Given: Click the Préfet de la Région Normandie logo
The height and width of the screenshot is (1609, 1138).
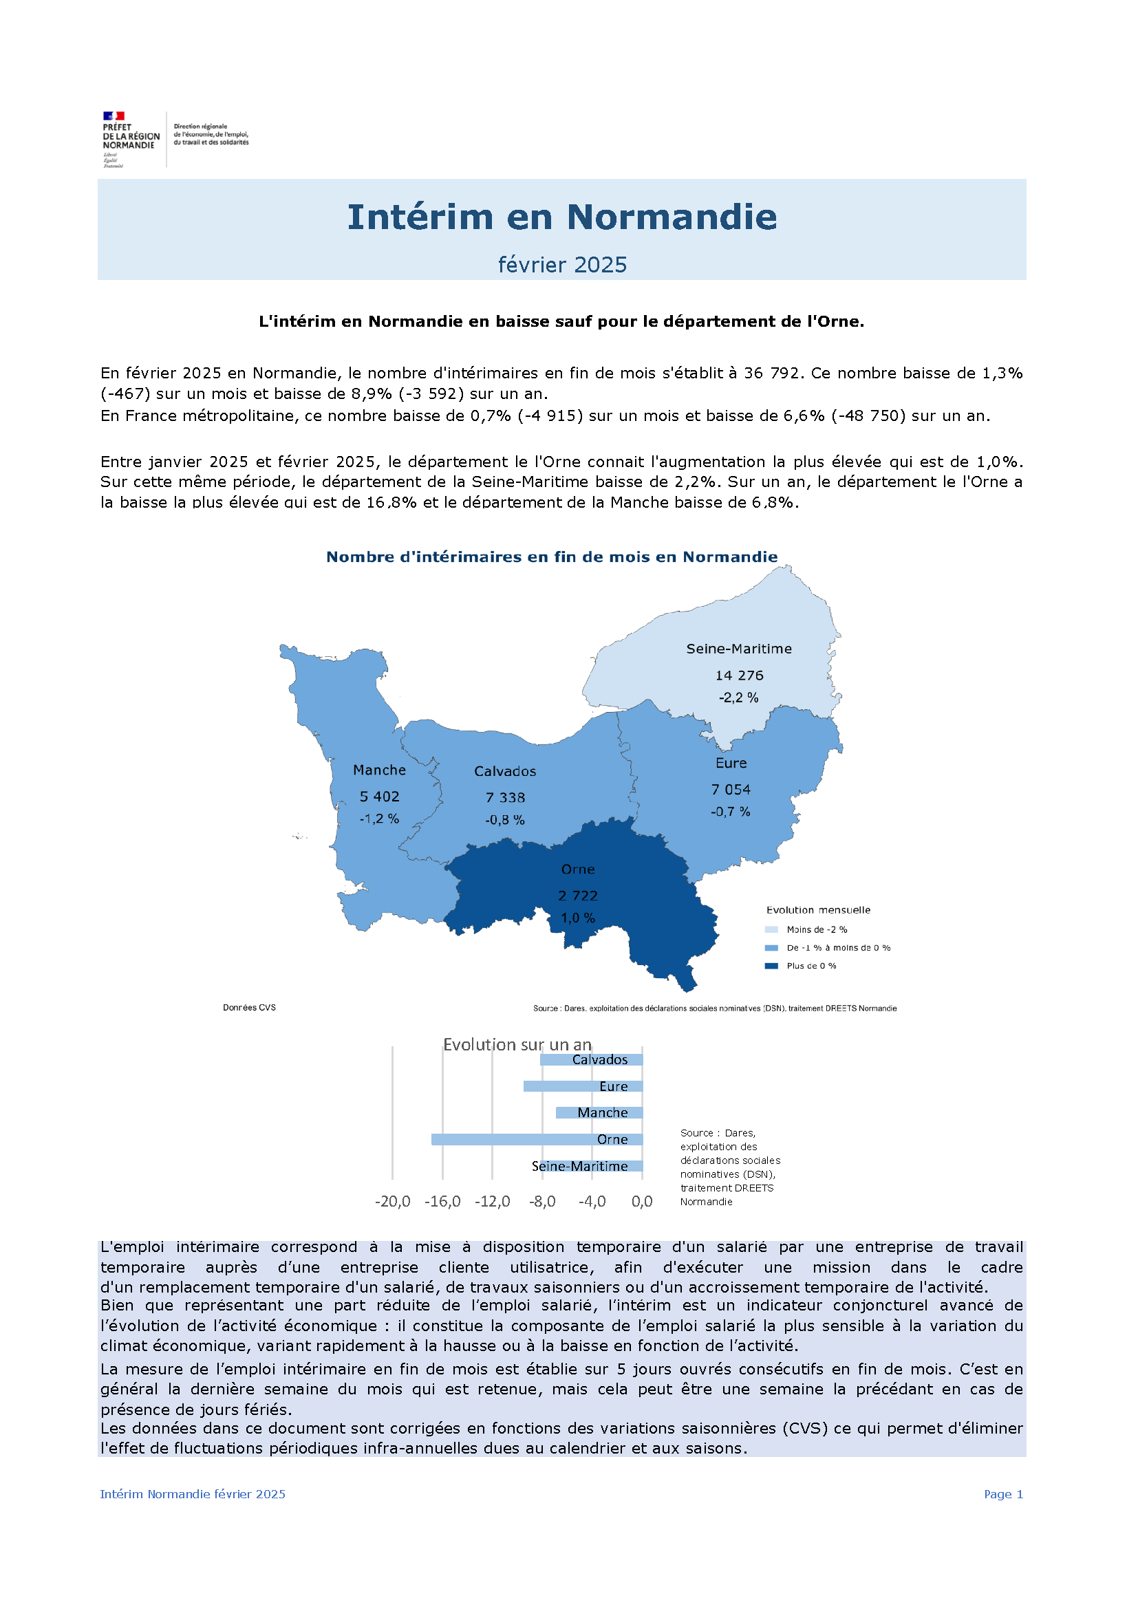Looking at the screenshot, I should (131, 139).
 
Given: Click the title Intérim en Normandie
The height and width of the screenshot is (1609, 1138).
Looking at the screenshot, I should (562, 217).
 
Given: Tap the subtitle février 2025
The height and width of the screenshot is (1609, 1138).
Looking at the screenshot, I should (562, 265).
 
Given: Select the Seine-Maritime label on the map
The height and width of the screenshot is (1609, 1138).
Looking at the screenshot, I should (738, 649).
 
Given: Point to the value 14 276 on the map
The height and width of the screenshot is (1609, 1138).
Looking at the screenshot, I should (738, 676).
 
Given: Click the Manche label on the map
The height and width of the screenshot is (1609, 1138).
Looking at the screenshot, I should (379, 770).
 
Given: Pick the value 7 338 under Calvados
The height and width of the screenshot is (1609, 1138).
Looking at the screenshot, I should (504, 797).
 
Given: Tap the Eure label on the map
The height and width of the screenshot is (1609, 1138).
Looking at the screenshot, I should (731, 763).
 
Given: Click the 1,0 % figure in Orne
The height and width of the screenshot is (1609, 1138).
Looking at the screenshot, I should (577, 918).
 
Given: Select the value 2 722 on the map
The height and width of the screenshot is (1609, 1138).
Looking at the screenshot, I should (577, 896).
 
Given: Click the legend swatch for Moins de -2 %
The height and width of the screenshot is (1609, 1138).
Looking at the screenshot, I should (771, 930).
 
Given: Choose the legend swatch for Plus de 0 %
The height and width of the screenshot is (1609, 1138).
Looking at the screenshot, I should (771, 967).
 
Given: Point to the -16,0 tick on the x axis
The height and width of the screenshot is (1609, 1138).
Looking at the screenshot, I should (442, 1202).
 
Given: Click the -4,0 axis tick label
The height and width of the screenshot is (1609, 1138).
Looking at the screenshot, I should (592, 1202).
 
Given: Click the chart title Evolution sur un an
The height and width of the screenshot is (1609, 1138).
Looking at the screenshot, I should (517, 1045).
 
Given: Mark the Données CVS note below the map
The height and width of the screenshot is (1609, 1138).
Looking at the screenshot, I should (249, 1008).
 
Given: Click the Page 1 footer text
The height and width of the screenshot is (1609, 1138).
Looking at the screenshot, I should (1003, 1494).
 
